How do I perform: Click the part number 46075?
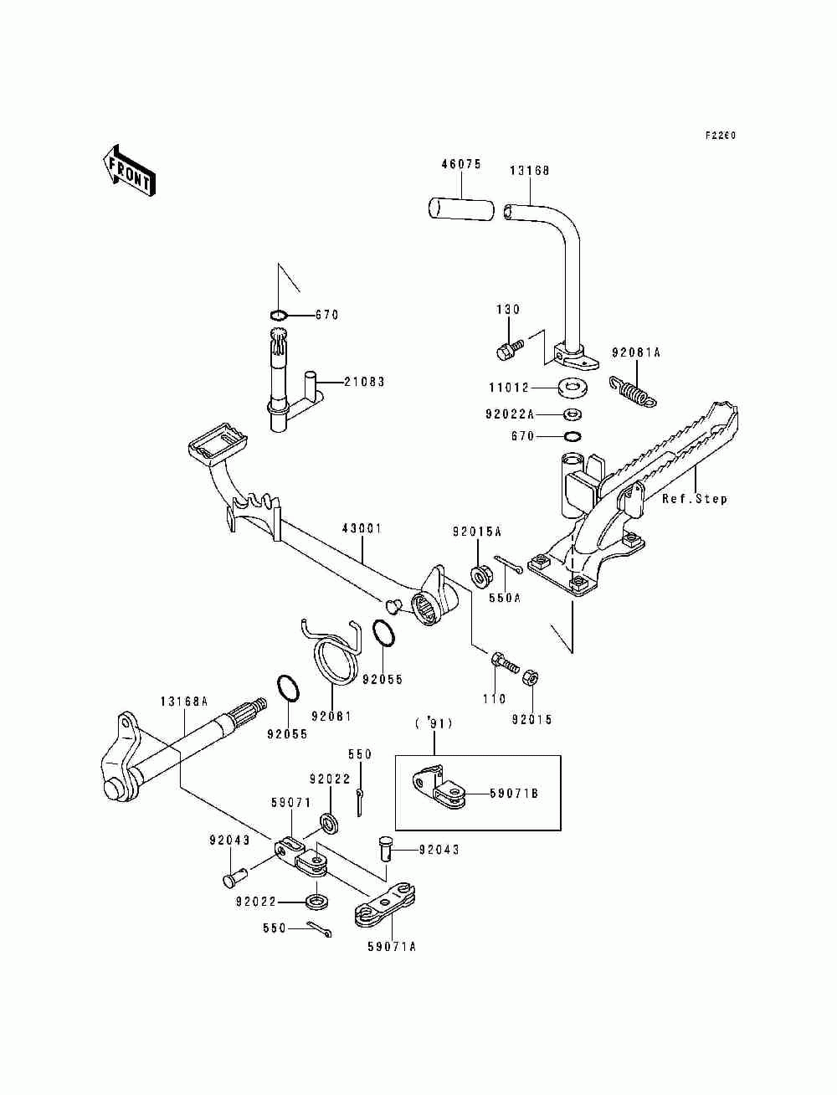(x=461, y=165)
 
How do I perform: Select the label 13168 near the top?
(x=530, y=171)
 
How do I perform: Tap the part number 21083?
(x=365, y=382)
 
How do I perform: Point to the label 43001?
(x=362, y=529)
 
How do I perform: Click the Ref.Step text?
(x=695, y=499)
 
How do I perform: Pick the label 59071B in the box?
(x=513, y=792)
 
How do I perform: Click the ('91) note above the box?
(x=434, y=723)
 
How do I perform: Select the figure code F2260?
(x=720, y=136)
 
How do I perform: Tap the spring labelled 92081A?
(x=634, y=389)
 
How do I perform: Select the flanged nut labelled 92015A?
(x=481, y=575)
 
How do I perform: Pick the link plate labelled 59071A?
(x=387, y=904)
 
